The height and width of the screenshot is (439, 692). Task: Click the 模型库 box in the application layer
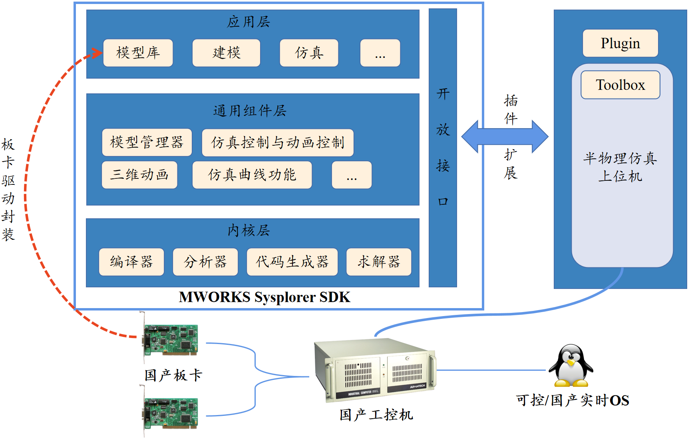pyautogui.click(x=138, y=53)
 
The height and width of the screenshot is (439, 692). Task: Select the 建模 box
pyautogui.click(x=226, y=53)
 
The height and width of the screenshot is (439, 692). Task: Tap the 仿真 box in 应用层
pyautogui.click(x=309, y=53)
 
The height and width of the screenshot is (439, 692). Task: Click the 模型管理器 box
pyautogui.click(x=147, y=142)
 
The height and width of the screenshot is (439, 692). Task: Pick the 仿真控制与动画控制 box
pyautogui.click(x=278, y=142)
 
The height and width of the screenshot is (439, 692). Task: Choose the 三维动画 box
pyautogui.click(x=139, y=175)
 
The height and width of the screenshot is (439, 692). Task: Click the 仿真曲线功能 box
pyautogui.click(x=252, y=175)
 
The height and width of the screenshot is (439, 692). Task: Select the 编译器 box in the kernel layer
pyautogui.click(x=131, y=262)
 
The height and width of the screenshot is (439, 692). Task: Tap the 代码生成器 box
pyautogui.click(x=292, y=262)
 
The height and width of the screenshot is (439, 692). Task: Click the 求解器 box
pyautogui.click(x=379, y=262)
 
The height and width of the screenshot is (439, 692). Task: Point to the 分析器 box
pyautogui.click(x=205, y=262)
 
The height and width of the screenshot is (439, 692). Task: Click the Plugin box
pyautogui.click(x=620, y=43)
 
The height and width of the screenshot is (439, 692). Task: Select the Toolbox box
pyautogui.click(x=620, y=85)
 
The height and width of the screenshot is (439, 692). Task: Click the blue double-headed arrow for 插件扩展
pyautogui.click(x=505, y=136)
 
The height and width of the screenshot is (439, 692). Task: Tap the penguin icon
pyautogui.click(x=571, y=366)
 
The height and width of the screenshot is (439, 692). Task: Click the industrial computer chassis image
pyautogui.click(x=375, y=369)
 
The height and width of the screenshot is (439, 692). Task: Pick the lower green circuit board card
pyautogui.click(x=171, y=413)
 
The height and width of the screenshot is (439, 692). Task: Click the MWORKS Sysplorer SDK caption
pyautogui.click(x=264, y=297)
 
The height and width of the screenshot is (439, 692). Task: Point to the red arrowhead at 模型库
pyautogui.click(x=97, y=53)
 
